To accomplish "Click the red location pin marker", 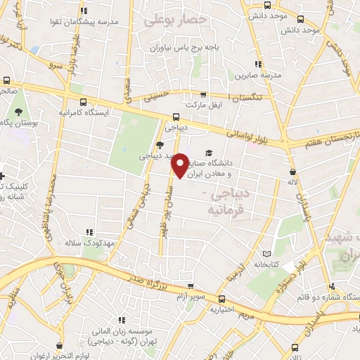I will (x=181, y=165).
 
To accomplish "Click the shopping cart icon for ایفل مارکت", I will (x=203, y=94).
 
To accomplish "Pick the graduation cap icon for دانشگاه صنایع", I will (x=208, y=153).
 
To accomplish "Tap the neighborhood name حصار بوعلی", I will (x=175, y=20).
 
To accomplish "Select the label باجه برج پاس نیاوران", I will (x=179, y=49).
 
